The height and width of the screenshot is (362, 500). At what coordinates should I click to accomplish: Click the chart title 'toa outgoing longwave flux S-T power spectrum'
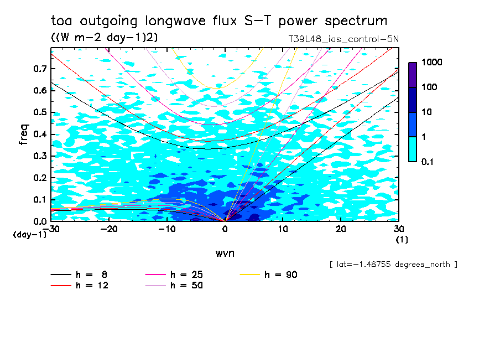218,21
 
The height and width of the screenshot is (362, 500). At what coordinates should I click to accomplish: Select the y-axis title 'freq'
24,135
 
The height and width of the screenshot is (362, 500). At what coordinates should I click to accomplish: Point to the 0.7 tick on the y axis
40,69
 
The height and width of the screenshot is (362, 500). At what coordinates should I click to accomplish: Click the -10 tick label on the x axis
166,229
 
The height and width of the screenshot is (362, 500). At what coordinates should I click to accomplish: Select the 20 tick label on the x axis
341,229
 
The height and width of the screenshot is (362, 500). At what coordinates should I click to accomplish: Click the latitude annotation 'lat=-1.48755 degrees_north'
393,264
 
